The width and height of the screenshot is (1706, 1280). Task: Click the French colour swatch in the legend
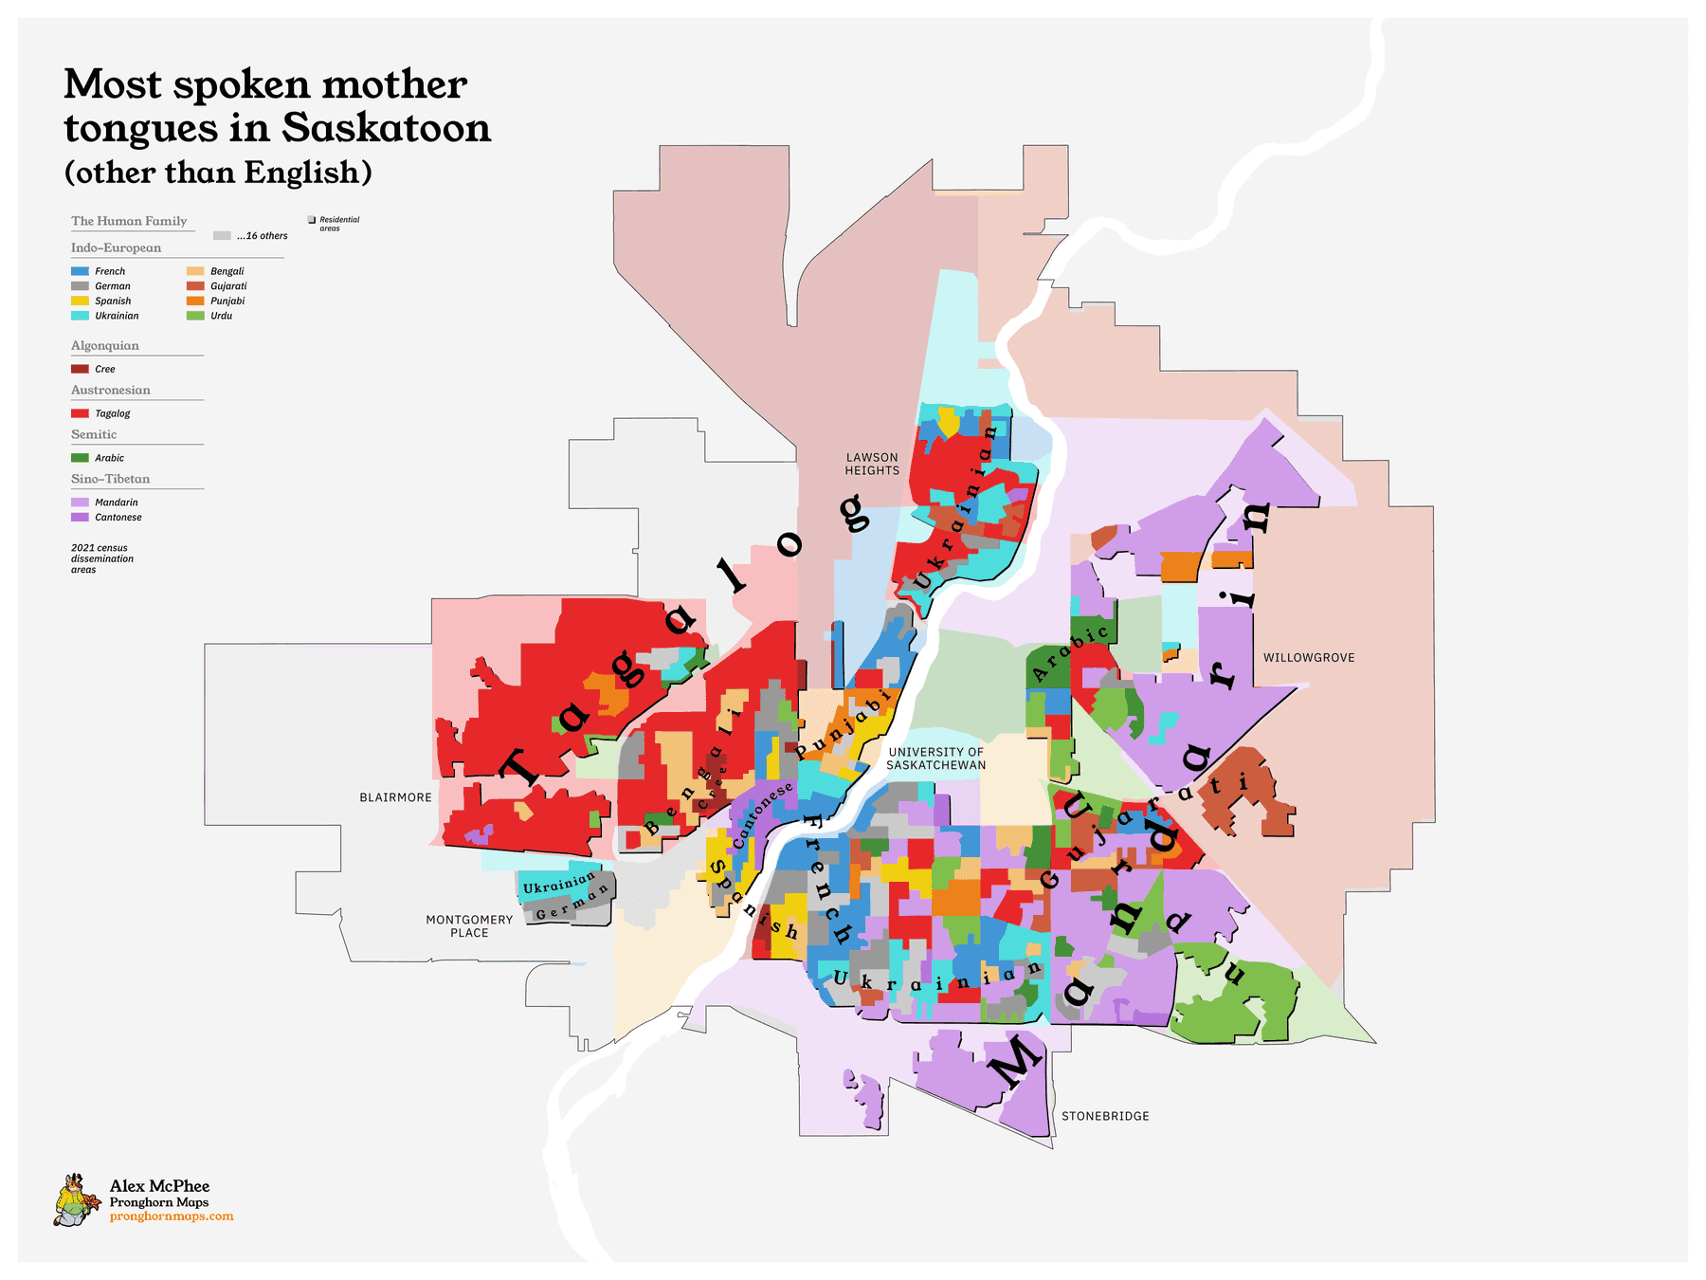[x=80, y=271]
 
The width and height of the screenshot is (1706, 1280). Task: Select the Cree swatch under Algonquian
[x=80, y=369]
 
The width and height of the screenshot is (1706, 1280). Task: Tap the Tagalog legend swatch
[x=80, y=413]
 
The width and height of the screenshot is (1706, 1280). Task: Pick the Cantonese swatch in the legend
[x=80, y=518]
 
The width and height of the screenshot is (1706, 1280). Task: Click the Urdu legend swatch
[x=195, y=316]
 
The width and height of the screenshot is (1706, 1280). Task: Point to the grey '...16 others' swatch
[x=222, y=236]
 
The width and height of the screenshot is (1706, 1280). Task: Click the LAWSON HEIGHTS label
[x=872, y=464]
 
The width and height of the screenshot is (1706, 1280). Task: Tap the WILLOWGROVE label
[x=1308, y=658]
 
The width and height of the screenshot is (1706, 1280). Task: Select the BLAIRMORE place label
[x=395, y=797]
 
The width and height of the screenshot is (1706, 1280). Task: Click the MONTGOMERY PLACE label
[x=469, y=926]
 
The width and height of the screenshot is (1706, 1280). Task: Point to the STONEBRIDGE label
[x=1105, y=1116]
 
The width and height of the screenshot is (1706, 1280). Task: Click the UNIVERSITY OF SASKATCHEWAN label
[x=935, y=759]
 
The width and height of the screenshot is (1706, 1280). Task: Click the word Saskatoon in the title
[x=386, y=128]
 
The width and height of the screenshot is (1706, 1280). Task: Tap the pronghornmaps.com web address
[x=172, y=1216]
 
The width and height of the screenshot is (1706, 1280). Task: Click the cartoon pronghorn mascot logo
[x=76, y=1200]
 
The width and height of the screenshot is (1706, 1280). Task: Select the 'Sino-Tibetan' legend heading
[x=110, y=479]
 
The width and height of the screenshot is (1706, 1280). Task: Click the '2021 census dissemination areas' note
[x=101, y=558]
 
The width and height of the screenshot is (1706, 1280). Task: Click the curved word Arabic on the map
[x=1070, y=654]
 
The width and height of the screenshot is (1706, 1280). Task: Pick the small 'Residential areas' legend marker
[x=312, y=220]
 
